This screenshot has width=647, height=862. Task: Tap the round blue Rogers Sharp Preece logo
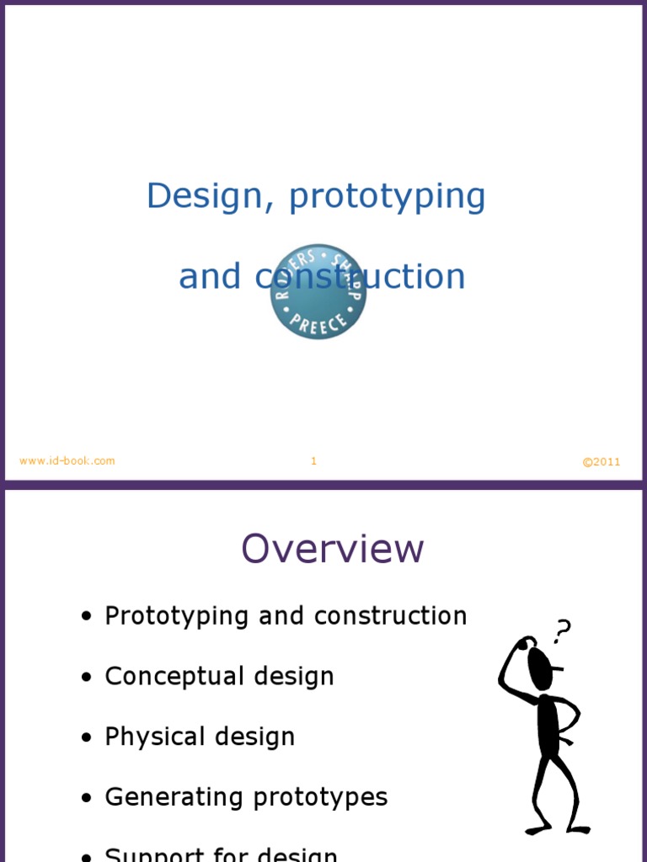click(x=318, y=292)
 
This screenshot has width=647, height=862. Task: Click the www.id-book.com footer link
click(x=67, y=460)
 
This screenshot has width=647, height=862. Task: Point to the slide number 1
click(x=313, y=460)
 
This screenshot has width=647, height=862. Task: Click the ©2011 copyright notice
click(x=602, y=461)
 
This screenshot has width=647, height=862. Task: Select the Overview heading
click(x=332, y=549)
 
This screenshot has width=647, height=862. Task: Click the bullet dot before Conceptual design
click(x=86, y=678)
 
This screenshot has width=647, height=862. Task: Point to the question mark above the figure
click(x=562, y=631)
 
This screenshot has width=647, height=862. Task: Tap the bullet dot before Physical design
click(x=86, y=738)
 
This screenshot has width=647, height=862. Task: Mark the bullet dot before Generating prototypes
click(x=86, y=798)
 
